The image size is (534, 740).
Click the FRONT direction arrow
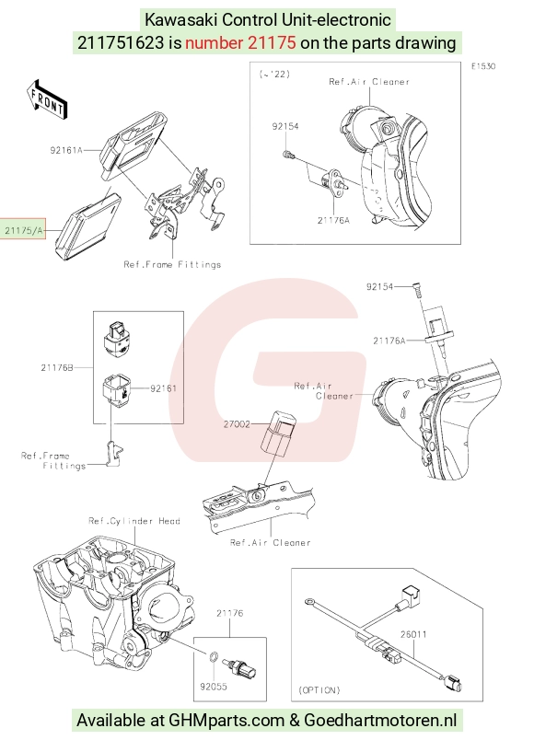pyautogui.click(x=47, y=99)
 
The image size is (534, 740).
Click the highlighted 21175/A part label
pyautogui.click(x=23, y=230)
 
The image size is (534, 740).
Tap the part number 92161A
pyautogui.click(x=66, y=150)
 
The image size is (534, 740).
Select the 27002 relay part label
pyautogui.click(x=237, y=424)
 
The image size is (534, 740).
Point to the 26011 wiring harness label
pyautogui.click(x=413, y=634)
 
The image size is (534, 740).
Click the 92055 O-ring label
pyautogui.click(x=214, y=687)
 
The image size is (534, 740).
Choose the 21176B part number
pyautogui.click(x=57, y=367)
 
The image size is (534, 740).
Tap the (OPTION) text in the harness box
pyautogui.click(x=319, y=690)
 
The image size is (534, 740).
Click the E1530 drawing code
pyautogui.click(x=483, y=66)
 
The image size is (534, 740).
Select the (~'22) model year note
pyautogui.click(x=274, y=75)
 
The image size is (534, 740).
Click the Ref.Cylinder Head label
pyautogui.click(x=134, y=521)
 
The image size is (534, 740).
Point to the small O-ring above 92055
pyautogui.click(x=213, y=656)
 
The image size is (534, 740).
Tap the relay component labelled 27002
pyautogui.click(x=277, y=434)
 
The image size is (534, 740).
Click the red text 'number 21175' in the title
pyautogui.click(x=240, y=43)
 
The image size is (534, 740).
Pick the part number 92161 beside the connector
pyautogui.click(x=163, y=388)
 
